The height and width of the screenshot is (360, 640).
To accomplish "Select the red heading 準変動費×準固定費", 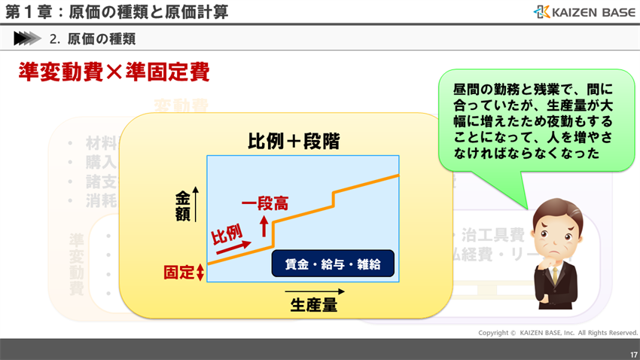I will (x=113, y=72).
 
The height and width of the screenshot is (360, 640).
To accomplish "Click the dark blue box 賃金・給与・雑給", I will (x=333, y=264).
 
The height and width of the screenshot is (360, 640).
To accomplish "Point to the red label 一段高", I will (x=264, y=203).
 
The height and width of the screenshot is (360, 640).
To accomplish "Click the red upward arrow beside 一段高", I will (x=264, y=224).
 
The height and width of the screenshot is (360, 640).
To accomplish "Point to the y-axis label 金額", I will (x=183, y=206).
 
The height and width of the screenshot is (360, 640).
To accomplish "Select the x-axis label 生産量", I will (x=313, y=305).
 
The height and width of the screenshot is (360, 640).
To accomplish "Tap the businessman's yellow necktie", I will (x=555, y=276).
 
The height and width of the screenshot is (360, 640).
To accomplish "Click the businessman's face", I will (x=553, y=229).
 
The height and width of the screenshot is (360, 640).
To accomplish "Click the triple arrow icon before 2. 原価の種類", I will (x=27, y=38).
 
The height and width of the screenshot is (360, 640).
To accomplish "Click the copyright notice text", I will (x=558, y=332).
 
